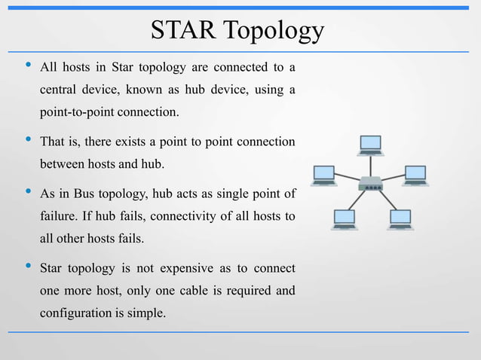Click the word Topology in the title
click(275, 32)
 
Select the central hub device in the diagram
click(371, 183)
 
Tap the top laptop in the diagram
click(371, 145)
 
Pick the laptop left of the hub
click(324, 175)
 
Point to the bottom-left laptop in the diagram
click(344, 219)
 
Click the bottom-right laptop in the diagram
click(400, 219)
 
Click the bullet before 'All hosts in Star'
click(27, 68)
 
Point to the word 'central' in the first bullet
click(60, 91)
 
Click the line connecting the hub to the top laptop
click(371, 166)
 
